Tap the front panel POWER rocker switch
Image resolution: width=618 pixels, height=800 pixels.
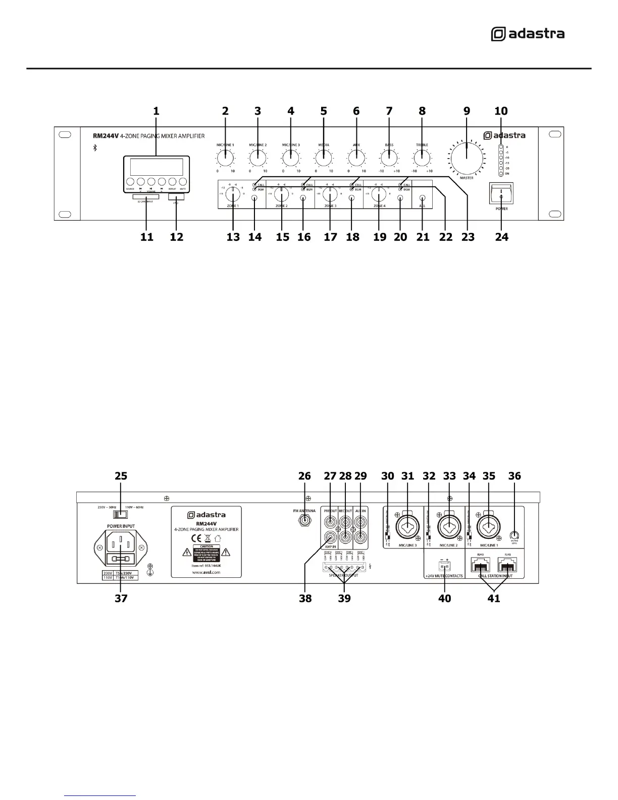click(x=500, y=193)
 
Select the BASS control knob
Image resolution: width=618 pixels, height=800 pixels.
click(x=389, y=159)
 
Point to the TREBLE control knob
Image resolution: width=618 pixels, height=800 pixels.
click(x=422, y=159)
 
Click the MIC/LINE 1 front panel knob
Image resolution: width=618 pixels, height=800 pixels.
click(x=225, y=159)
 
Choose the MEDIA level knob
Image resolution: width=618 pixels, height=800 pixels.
click(x=323, y=159)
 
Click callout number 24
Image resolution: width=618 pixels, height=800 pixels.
click(x=501, y=236)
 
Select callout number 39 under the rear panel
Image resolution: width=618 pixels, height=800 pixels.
click(x=344, y=598)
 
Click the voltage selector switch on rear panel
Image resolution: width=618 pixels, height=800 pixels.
click(x=120, y=514)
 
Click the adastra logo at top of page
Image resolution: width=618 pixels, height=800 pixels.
click(x=528, y=34)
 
